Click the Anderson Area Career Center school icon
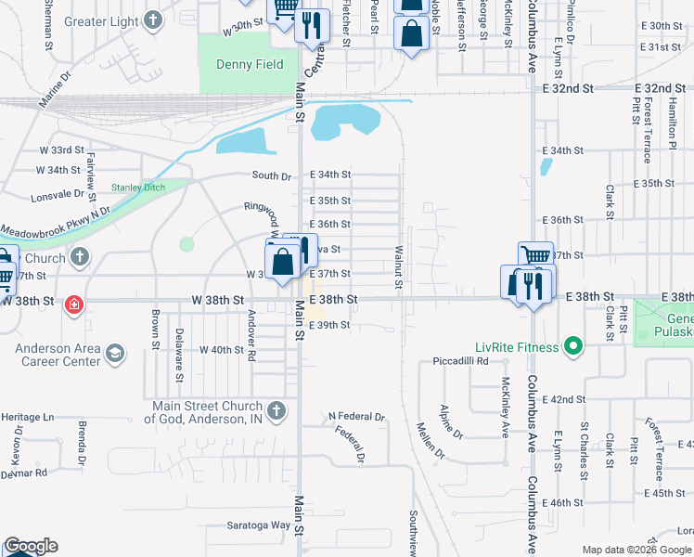[115, 353]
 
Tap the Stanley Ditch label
[137, 188]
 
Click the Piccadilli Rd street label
[460, 360]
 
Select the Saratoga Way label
[259, 525]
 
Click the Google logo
[31, 546]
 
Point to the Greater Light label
[100, 21]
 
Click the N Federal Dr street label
[356, 416]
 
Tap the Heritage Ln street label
[28, 418]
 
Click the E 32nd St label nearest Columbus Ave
[567, 88]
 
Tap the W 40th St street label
[219, 350]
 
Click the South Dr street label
[272, 175]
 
